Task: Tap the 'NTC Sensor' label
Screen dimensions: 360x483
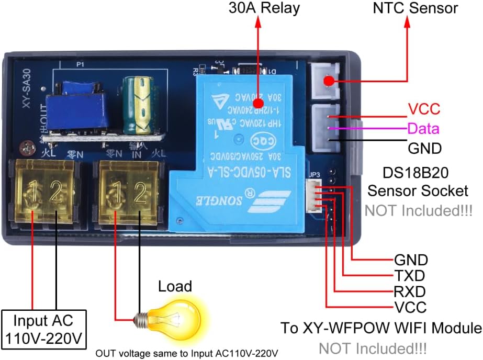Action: click(x=415, y=8)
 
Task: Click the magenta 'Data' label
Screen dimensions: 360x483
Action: click(x=423, y=129)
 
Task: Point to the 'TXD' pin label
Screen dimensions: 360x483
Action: click(x=409, y=275)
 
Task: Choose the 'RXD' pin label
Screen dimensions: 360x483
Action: click(x=409, y=291)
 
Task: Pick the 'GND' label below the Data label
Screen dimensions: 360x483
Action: click(x=424, y=148)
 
